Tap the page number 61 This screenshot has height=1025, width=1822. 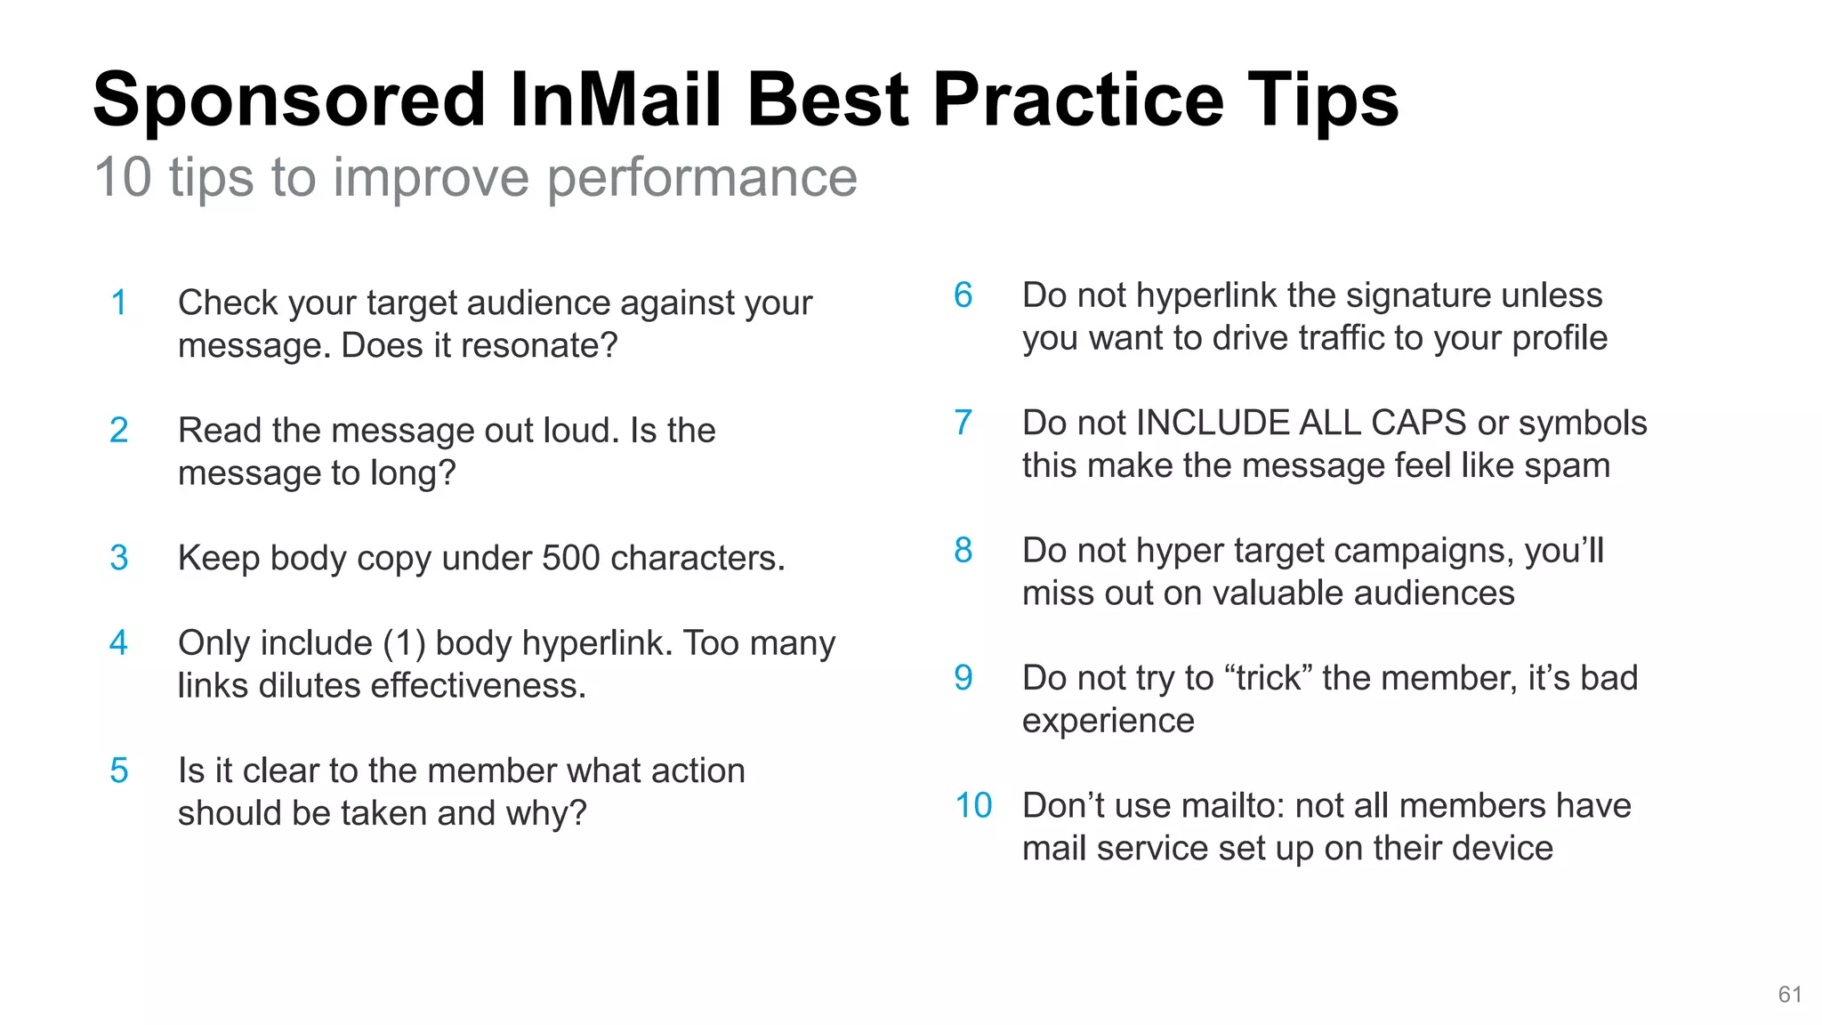coord(1790,995)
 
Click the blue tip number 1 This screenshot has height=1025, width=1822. coord(118,303)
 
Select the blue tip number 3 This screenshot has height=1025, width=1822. coord(118,559)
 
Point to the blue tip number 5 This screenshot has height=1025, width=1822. coord(118,771)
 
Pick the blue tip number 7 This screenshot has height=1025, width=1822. coord(963,423)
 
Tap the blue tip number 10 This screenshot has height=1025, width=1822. coord(973,805)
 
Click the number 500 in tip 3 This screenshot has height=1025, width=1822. coord(570,559)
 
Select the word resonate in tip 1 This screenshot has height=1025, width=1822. coord(545,346)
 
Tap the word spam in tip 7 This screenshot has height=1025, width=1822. coord(1567,465)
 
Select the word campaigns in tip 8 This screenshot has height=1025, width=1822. coord(1423,552)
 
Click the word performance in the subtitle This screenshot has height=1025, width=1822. coord(702,178)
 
